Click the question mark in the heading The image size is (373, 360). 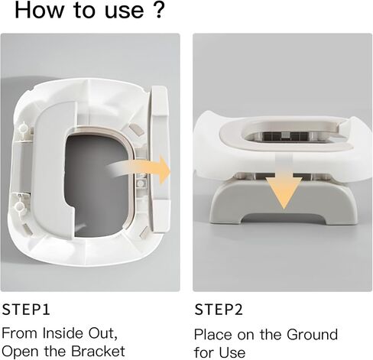(x=159, y=10)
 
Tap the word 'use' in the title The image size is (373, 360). (x=125, y=12)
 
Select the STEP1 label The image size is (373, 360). (x=26, y=310)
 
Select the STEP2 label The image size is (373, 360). (x=219, y=310)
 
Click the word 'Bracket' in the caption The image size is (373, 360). (x=98, y=351)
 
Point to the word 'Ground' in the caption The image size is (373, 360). (x=312, y=334)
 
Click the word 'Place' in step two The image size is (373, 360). (x=213, y=334)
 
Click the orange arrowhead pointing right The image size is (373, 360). (x=163, y=170)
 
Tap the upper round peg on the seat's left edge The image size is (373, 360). (x=24, y=128)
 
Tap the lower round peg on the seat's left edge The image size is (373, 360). (x=20, y=206)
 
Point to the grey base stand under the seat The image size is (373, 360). (x=284, y=201)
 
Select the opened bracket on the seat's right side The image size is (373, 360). (x=160, y=160)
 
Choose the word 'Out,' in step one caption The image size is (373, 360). (x=103, y=334)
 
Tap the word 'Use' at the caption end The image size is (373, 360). (x=232, y=352)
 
